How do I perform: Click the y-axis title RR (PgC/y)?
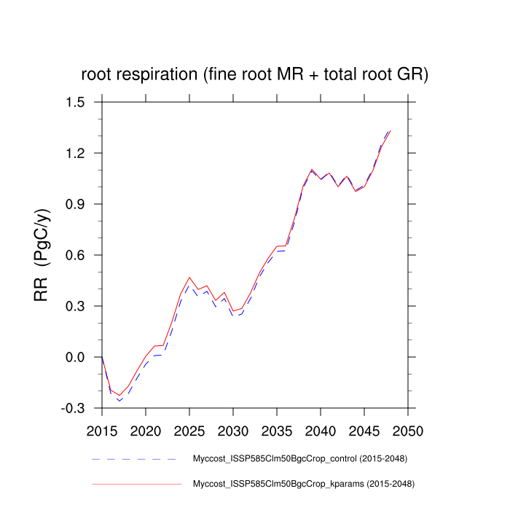[x=42, y=255]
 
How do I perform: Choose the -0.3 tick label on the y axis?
[x=73, y=408]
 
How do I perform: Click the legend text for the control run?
[x=299, y=459]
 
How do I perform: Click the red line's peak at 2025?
[x=189, y=278]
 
